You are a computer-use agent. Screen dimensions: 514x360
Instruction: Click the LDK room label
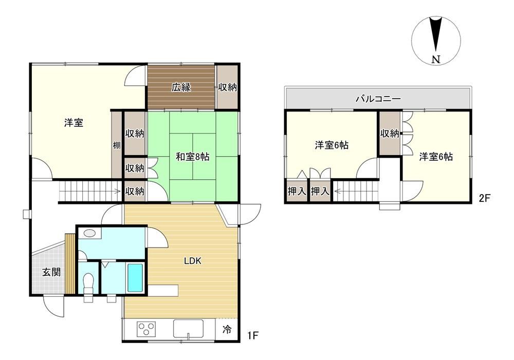(x=192, y=261)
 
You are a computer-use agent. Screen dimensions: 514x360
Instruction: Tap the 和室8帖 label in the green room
(x=192, y=157)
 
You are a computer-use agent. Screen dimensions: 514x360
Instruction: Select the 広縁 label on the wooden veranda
(x=181, y=87)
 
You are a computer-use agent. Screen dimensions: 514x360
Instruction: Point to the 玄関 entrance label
(x=51, y=272)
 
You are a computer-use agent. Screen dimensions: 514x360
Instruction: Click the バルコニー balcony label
(x=378, y=99)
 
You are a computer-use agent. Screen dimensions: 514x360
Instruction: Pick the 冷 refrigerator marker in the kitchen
(x=227, y=329)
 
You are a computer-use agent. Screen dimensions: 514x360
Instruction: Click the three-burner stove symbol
(x=146, y=330)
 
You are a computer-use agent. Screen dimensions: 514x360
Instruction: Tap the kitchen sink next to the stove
(x=188, y=329)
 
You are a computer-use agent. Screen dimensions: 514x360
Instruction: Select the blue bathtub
(x=135, y=278)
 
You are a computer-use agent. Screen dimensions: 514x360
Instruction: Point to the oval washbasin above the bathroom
(x=89, y=234)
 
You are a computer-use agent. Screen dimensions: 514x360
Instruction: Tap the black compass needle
(x=436, y=35)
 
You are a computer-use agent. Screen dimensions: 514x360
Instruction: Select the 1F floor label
(x=253, y=335)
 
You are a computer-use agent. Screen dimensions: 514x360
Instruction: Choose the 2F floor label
(x=485, y=198)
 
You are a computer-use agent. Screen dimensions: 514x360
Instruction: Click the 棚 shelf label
(x=117, y=145)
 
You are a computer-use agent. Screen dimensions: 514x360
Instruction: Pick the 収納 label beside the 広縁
(x=227, y=87)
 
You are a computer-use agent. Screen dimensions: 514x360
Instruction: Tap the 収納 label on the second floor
(x=390, y=134)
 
